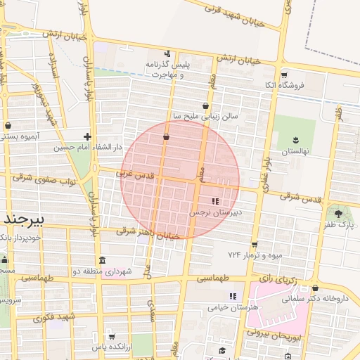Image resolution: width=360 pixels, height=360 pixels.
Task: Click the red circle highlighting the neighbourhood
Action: click(x=180, y=180)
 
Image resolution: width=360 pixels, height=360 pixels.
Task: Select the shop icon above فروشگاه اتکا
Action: click(x=284, y=75)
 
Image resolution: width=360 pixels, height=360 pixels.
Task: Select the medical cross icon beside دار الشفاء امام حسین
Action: click(x=87, y=136)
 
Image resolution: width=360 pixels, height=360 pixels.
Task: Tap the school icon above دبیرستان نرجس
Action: click(x=215, y=201)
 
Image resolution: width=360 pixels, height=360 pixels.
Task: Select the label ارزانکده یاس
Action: click(x=112, y=347)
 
